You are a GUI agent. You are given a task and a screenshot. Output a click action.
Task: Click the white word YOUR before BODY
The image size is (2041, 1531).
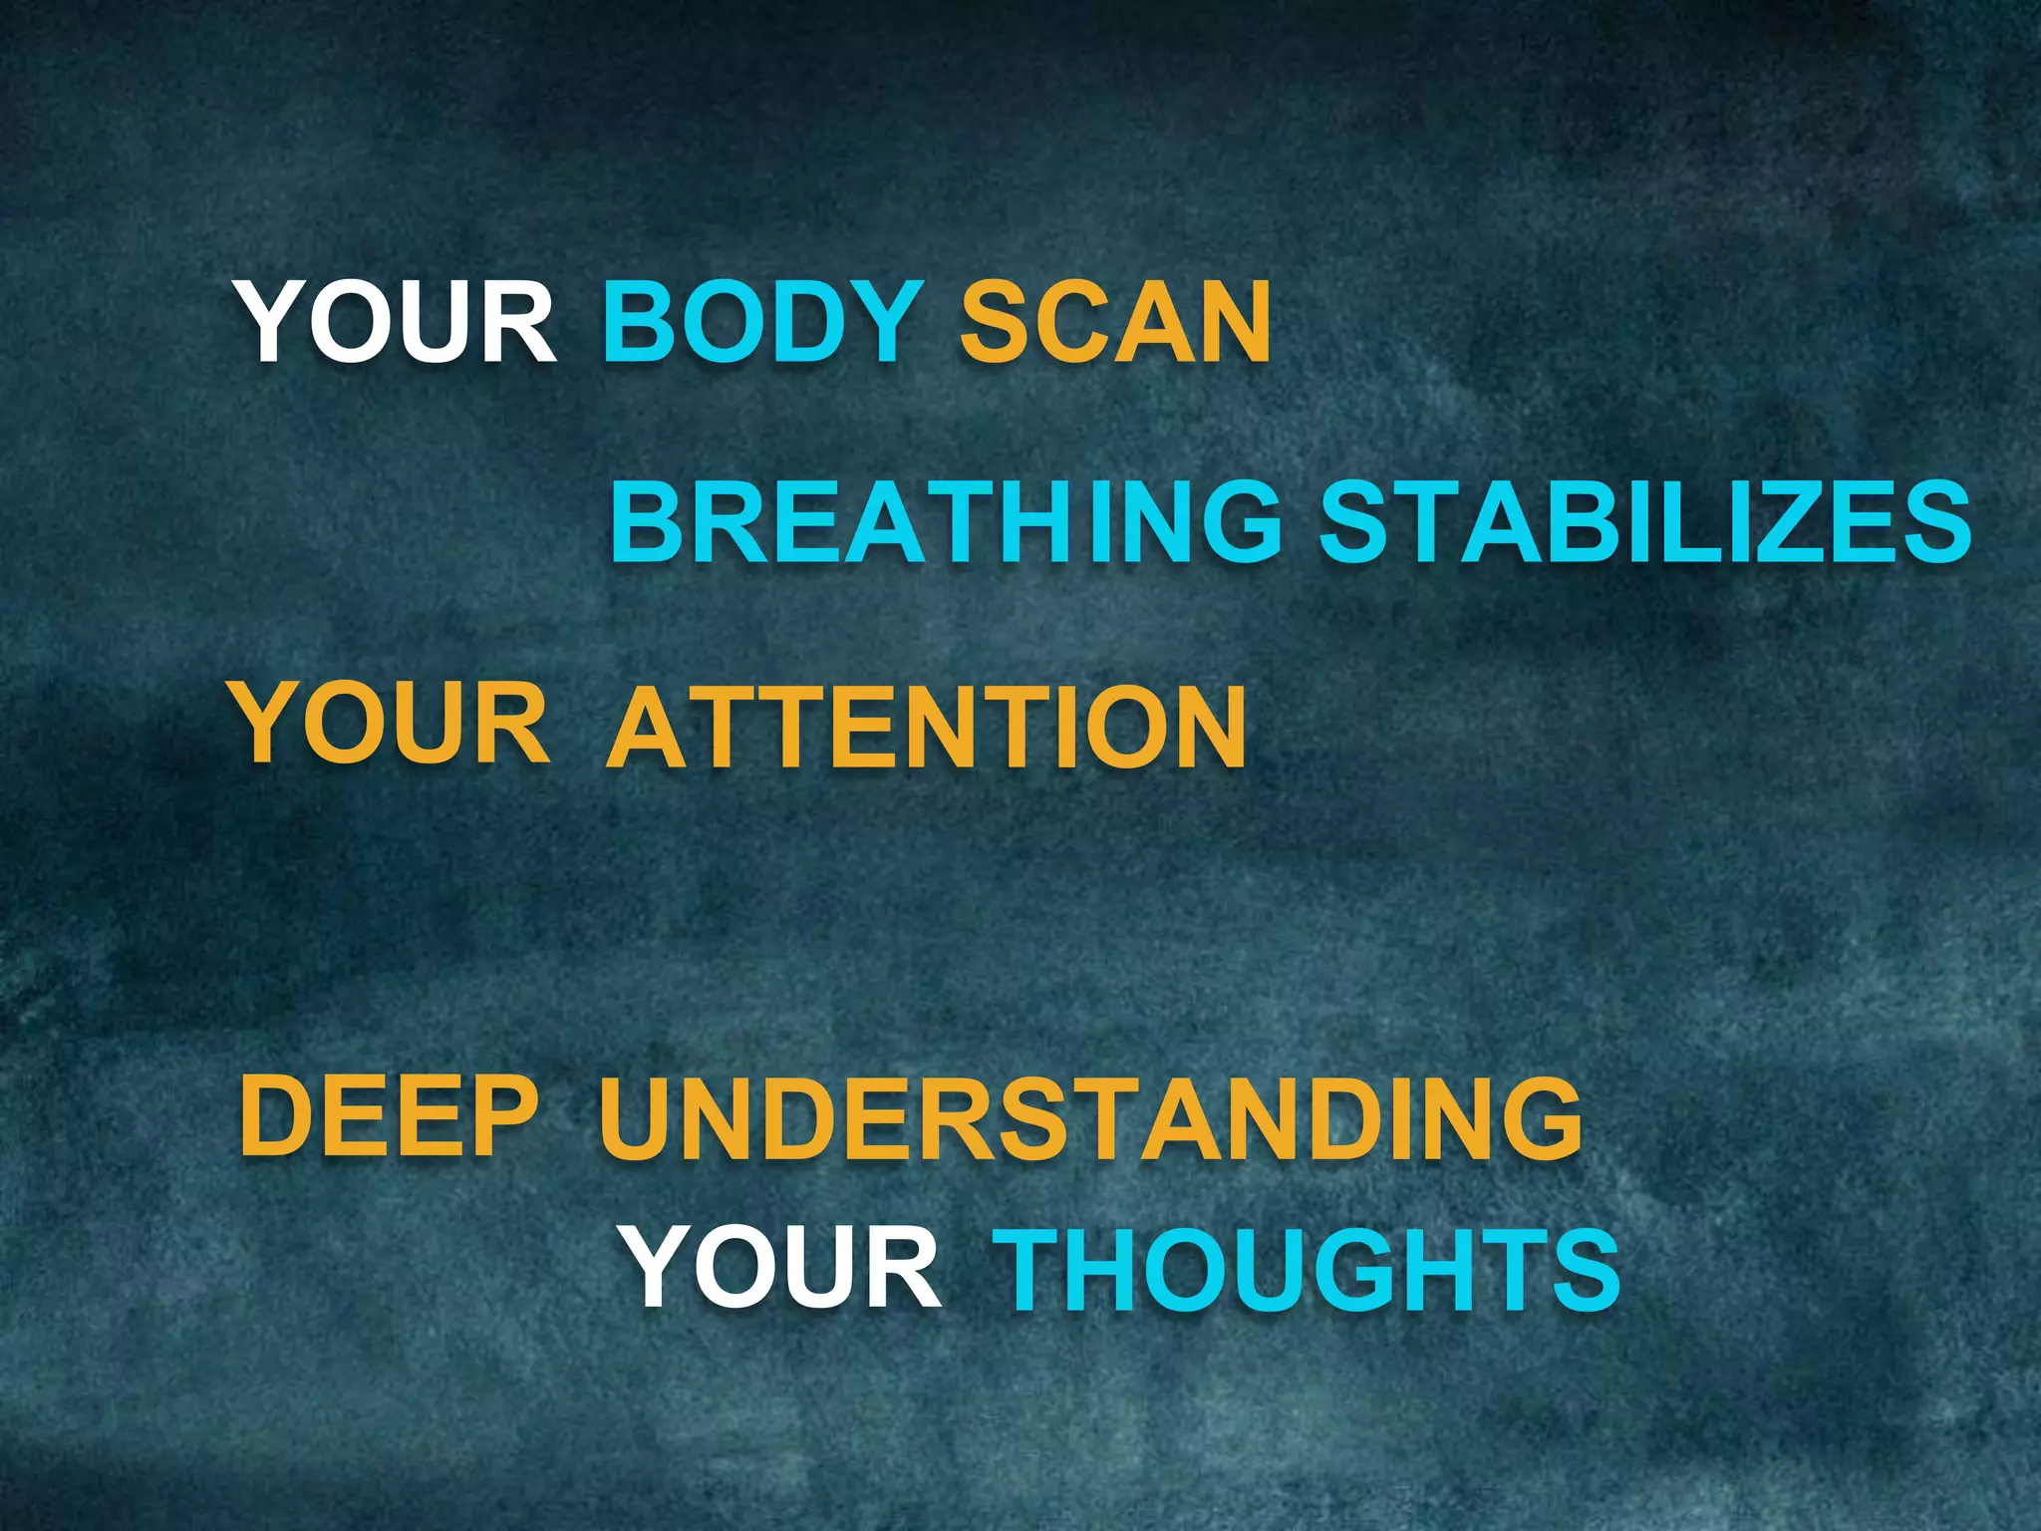coord(397,323)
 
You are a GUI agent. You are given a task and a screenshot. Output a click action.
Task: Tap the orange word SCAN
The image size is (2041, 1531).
coord(1115,322)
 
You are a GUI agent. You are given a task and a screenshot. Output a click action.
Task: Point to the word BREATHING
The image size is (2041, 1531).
coord(946,521)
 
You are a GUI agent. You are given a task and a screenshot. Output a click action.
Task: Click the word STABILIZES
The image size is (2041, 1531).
coord(1645,521)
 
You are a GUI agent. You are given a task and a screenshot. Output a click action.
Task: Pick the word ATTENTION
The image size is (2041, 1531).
coord(926,728)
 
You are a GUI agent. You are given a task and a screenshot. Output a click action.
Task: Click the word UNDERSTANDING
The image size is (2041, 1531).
coord(1090,1120)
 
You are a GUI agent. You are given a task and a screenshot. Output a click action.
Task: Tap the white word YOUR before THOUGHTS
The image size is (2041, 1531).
coord(783,1269)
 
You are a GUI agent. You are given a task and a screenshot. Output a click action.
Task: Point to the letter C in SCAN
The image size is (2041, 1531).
coord(1057,322)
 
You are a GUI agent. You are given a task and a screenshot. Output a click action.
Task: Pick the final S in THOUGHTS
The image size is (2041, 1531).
coord(1587,1271)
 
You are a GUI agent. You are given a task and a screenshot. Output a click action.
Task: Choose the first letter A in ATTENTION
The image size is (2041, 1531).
coord(646,728)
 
